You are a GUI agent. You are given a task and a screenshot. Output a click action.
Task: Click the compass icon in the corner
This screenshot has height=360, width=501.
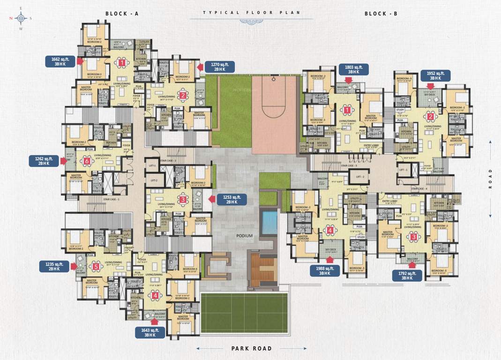point(20,19)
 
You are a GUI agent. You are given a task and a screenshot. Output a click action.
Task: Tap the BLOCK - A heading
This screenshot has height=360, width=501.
point(121,14)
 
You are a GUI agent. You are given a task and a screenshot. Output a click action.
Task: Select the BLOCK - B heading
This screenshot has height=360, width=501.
point(381,14)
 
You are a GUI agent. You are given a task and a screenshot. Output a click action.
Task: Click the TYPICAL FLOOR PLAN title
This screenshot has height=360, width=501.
point(252,13)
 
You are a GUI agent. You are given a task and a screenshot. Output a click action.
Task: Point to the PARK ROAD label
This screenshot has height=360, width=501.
point(252,348)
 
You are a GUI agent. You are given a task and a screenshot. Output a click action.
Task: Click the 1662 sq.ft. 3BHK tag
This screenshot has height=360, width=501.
point(60,61)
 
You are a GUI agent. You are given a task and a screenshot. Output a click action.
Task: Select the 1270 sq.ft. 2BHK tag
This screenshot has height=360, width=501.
point(219,67)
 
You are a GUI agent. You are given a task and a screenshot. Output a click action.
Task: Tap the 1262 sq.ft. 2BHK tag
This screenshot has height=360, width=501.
point(43,161)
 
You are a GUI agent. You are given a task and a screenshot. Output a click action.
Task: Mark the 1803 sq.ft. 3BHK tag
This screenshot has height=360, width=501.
point(354,69)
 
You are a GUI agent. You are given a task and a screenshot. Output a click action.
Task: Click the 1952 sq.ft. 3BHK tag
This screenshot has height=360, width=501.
point(435,76)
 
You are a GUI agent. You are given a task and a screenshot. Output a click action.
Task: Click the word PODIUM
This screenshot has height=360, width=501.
point(244,236)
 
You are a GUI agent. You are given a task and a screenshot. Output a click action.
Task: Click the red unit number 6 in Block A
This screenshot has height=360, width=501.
point(87,161)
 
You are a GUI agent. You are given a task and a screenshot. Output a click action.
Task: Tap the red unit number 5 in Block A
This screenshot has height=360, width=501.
point(96,267)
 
